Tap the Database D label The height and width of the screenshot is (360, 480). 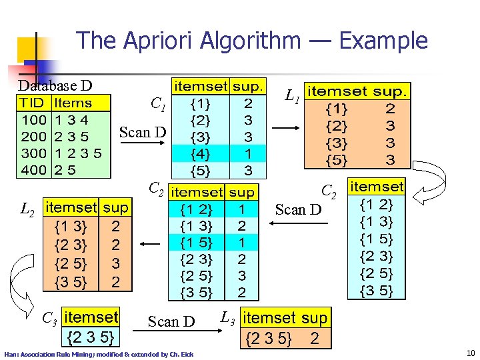pos(55,85)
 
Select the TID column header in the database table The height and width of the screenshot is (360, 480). pos(32,103)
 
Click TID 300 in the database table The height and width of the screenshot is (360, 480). pos(33,153)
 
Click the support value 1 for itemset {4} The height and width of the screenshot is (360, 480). pos(248,153)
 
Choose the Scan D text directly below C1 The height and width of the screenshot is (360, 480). pos(143,132)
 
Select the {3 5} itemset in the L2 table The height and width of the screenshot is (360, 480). pos(70,282)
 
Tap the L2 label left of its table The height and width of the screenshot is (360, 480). pos(27,211)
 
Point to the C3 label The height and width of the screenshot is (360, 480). pos(49,317)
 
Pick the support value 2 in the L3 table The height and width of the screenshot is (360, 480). pos(315,339)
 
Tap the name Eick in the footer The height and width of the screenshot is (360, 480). pos(187,354)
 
